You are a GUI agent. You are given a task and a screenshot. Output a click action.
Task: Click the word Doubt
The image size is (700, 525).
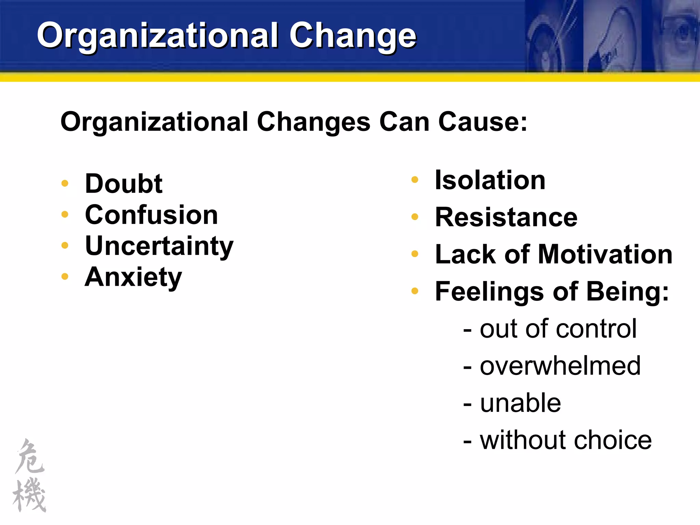123,184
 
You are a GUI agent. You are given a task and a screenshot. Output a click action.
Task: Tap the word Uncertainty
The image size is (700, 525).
159,246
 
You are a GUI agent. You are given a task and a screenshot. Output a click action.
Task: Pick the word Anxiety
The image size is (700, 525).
133,277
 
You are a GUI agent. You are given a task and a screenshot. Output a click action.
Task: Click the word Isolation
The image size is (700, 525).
490,180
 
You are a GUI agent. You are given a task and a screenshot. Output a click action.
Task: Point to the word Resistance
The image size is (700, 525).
506,217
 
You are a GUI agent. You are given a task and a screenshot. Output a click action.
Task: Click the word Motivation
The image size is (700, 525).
605,254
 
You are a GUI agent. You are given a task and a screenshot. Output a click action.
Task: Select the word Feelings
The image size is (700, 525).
489,292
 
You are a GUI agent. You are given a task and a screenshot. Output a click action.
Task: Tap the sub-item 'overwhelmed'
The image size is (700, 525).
560,366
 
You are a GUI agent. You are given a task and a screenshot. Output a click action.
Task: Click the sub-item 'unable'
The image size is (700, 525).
520,403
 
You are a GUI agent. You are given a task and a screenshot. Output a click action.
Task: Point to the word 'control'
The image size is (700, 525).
596,329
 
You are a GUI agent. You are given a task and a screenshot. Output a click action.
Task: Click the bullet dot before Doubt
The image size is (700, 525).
65,184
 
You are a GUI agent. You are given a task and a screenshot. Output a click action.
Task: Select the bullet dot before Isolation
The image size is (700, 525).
415,180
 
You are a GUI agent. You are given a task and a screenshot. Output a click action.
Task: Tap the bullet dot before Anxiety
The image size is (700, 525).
65,277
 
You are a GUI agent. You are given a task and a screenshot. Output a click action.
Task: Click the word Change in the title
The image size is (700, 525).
353,36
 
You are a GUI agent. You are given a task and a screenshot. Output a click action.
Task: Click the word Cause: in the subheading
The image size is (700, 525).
483,122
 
